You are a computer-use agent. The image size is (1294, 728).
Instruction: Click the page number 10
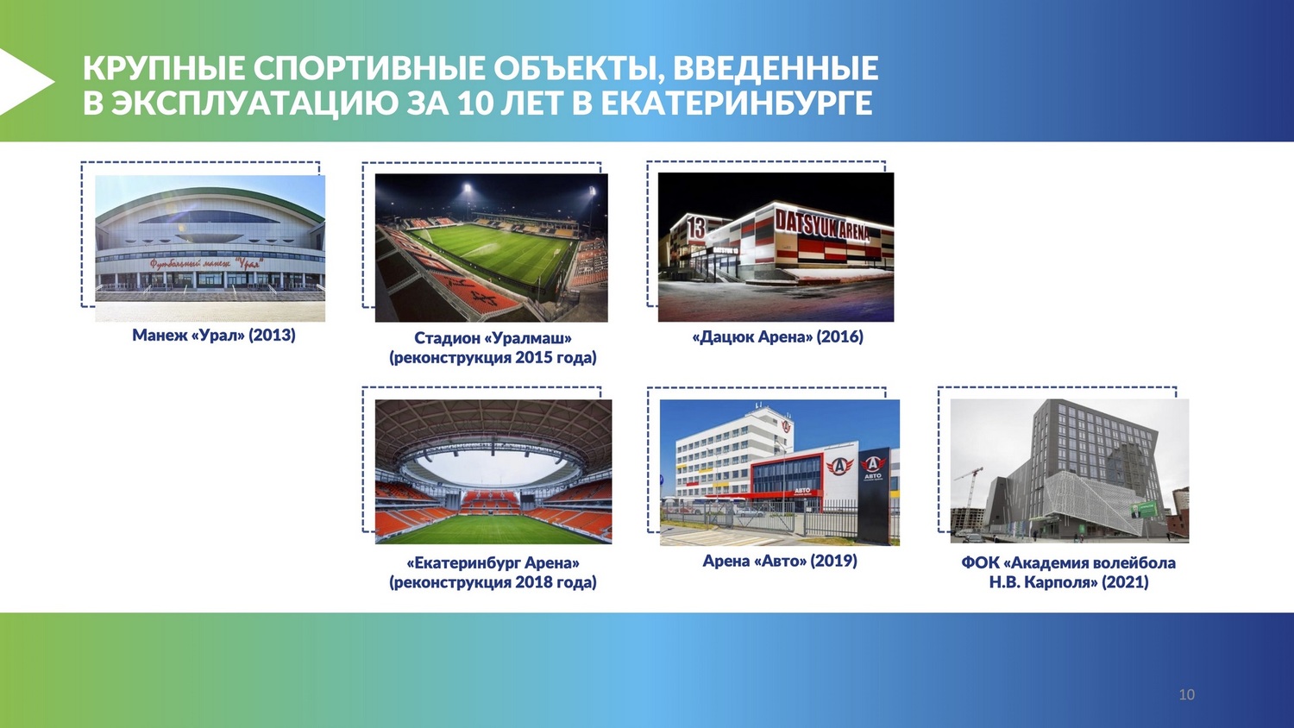[1186, 694]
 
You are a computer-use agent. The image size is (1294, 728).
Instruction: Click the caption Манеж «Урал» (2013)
[214, 336]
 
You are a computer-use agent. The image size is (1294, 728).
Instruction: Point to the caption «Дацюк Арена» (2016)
[777, 337]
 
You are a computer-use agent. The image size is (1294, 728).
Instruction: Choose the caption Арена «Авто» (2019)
[780, 561]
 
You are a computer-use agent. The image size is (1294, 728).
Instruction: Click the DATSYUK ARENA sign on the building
[821, 226]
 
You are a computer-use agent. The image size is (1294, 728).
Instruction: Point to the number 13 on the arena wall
[697, 228]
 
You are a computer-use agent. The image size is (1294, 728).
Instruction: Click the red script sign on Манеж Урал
[207, 264]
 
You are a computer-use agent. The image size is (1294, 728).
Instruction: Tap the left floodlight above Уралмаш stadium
[467, 188]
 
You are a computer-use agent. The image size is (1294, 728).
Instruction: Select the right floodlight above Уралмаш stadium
[592, 190]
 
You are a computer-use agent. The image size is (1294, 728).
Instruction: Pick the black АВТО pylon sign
[873, 495]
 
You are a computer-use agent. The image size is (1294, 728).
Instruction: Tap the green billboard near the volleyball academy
[1144, 509]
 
